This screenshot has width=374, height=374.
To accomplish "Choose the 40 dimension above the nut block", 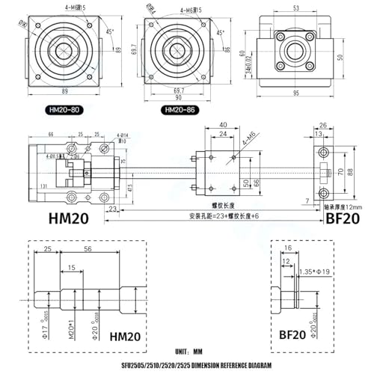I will pos(223,124).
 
